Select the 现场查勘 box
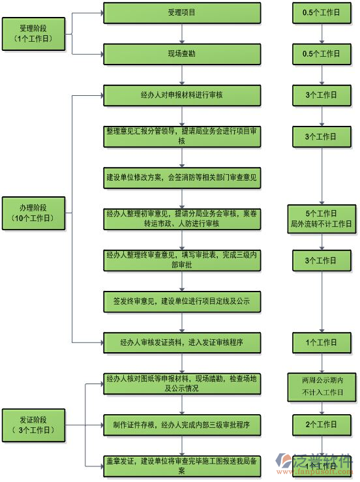(x=182, y=53)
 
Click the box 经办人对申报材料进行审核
(x=182, y=95)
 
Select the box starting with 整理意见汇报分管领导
(x=182, y=136)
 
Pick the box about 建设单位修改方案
(x=182, y=177)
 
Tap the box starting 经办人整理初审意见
(x=182, y=218)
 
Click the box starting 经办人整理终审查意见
(x=182, y=260)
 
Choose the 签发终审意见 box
(x=182, y=301)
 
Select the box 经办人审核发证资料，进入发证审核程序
(x=182, y=342)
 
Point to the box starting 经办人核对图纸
(x=182, y=383)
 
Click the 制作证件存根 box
(x=182, y=425)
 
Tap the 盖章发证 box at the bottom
(x=182, y=465)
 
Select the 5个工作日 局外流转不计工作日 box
(x=321, y=218)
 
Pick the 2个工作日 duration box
(x=321, y=425)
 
